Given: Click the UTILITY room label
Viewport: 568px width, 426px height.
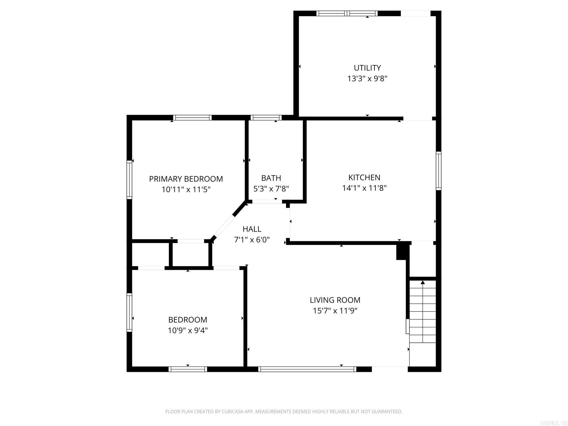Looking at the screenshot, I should click(x=367, y=68).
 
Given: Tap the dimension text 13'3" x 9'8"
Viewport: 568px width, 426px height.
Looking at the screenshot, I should click(x=367, y=79).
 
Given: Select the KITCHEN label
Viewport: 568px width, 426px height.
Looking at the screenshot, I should click(x=364, y=177).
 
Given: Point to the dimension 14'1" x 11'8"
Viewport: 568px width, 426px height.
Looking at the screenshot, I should click(x=364, y=188).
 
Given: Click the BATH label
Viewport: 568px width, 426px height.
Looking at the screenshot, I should click(x=271, y=178).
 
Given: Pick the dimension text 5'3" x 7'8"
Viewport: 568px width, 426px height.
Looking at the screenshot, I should click(x=271, y=189).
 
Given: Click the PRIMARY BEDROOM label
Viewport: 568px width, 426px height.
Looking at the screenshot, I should click(x=186, y=179).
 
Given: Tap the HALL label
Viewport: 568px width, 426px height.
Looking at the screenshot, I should click(x=252, y=229).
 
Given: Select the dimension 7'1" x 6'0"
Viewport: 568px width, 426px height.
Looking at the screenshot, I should click(x=252, y=240).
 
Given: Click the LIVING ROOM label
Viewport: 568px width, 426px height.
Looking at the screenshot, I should click(x=335, y=300).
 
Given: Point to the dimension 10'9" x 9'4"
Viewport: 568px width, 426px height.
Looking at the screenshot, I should click(x=187, y=331).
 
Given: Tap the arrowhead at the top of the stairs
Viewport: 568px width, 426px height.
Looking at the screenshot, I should click(x=423, y=282).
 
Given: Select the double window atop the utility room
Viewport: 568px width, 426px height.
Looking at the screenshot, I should click(x=347, y=13).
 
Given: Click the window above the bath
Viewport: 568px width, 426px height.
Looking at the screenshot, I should click(x=266, y=118).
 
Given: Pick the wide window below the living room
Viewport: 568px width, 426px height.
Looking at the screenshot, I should click(x=307, y=369).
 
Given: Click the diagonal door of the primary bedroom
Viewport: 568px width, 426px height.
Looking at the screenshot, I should click(x=224, y=226).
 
